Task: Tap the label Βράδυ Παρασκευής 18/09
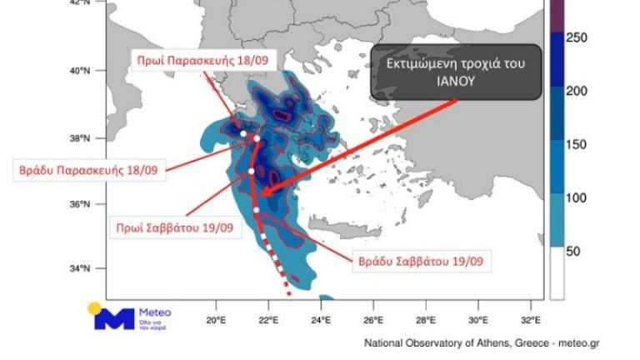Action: coord(88,172)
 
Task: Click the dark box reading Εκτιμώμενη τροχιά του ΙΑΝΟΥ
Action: coord(453,72)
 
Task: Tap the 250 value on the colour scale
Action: coord(577,37)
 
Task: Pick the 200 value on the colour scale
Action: coord(577,91)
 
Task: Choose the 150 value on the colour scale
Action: coord(577,144)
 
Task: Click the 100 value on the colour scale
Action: coord(577,197)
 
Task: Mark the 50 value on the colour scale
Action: coord(573,251)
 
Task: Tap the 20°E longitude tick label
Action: coord(217,319)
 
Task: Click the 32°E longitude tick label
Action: coord(531,319)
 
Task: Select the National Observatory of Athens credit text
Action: coord(481,342)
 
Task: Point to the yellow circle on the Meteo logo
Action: coord(95,307)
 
